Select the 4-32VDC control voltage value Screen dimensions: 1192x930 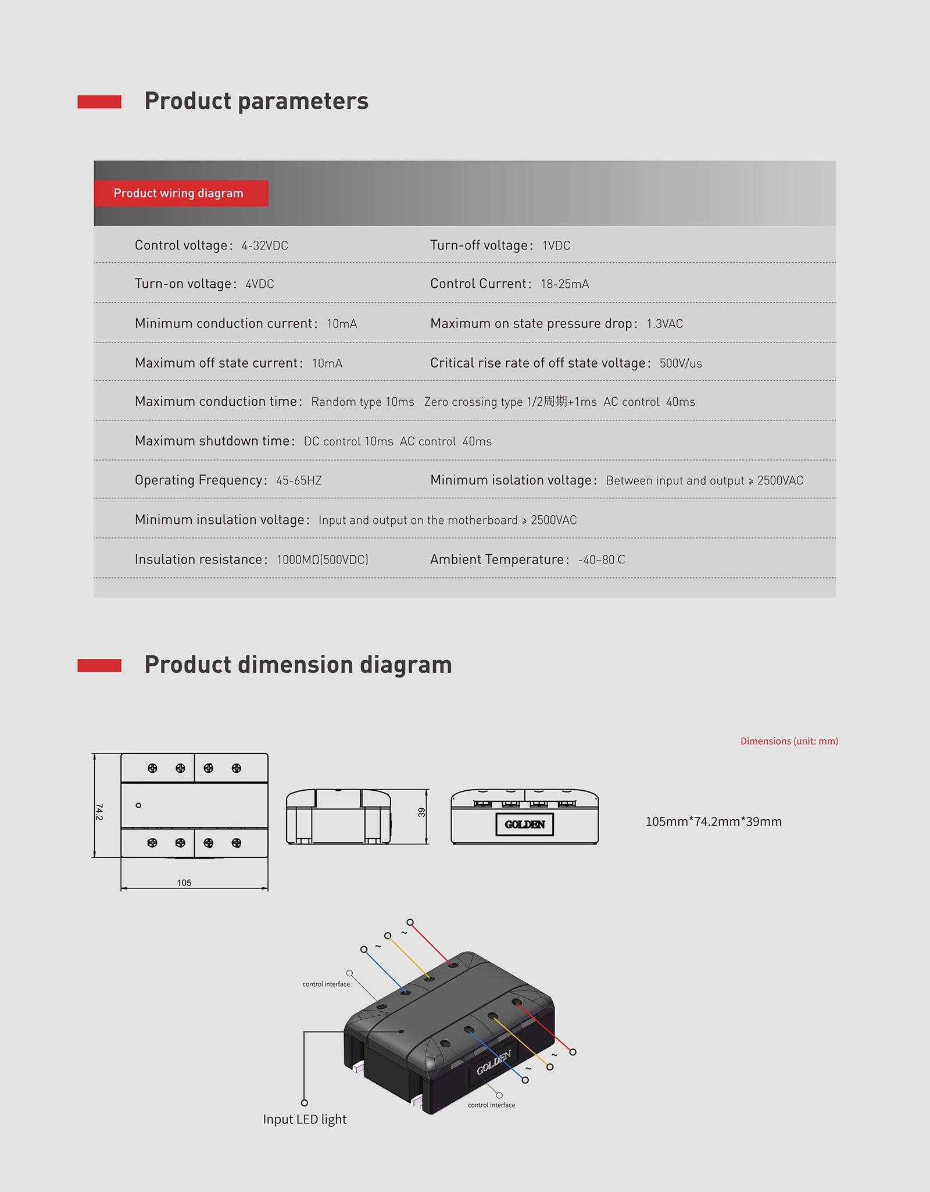(x=264, y=246)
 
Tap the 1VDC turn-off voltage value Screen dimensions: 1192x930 (x=556, y=246)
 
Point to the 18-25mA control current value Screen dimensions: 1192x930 (x=564, y=284)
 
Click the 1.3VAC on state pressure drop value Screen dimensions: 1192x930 (x=664, y=324)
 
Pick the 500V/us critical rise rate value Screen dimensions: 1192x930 (x=680, y=363)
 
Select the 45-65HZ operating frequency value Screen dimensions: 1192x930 (x=299, y=481)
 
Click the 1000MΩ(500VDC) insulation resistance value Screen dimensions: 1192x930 (x=322, y=560)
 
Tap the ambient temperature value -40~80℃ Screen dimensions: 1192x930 (x=601, y=560)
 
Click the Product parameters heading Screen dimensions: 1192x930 (x=256, y=101)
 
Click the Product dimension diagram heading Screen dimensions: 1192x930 (x=298, y=665)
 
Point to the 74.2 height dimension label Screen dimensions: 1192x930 (x=99, y=812)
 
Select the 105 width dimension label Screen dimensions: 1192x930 (x=184, y=883)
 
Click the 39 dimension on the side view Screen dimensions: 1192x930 (x=421, y=812)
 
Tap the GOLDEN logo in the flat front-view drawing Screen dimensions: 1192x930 (x=524, y=825)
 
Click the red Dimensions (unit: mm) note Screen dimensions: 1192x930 (x=789, y=741)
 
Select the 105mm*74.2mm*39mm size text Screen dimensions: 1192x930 (x=713, y=822)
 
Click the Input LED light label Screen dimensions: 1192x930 (x=305, y=1119)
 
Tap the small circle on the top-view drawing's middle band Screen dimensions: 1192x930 (x=138, y=805)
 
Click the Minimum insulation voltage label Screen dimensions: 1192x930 (x=221, y=520)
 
